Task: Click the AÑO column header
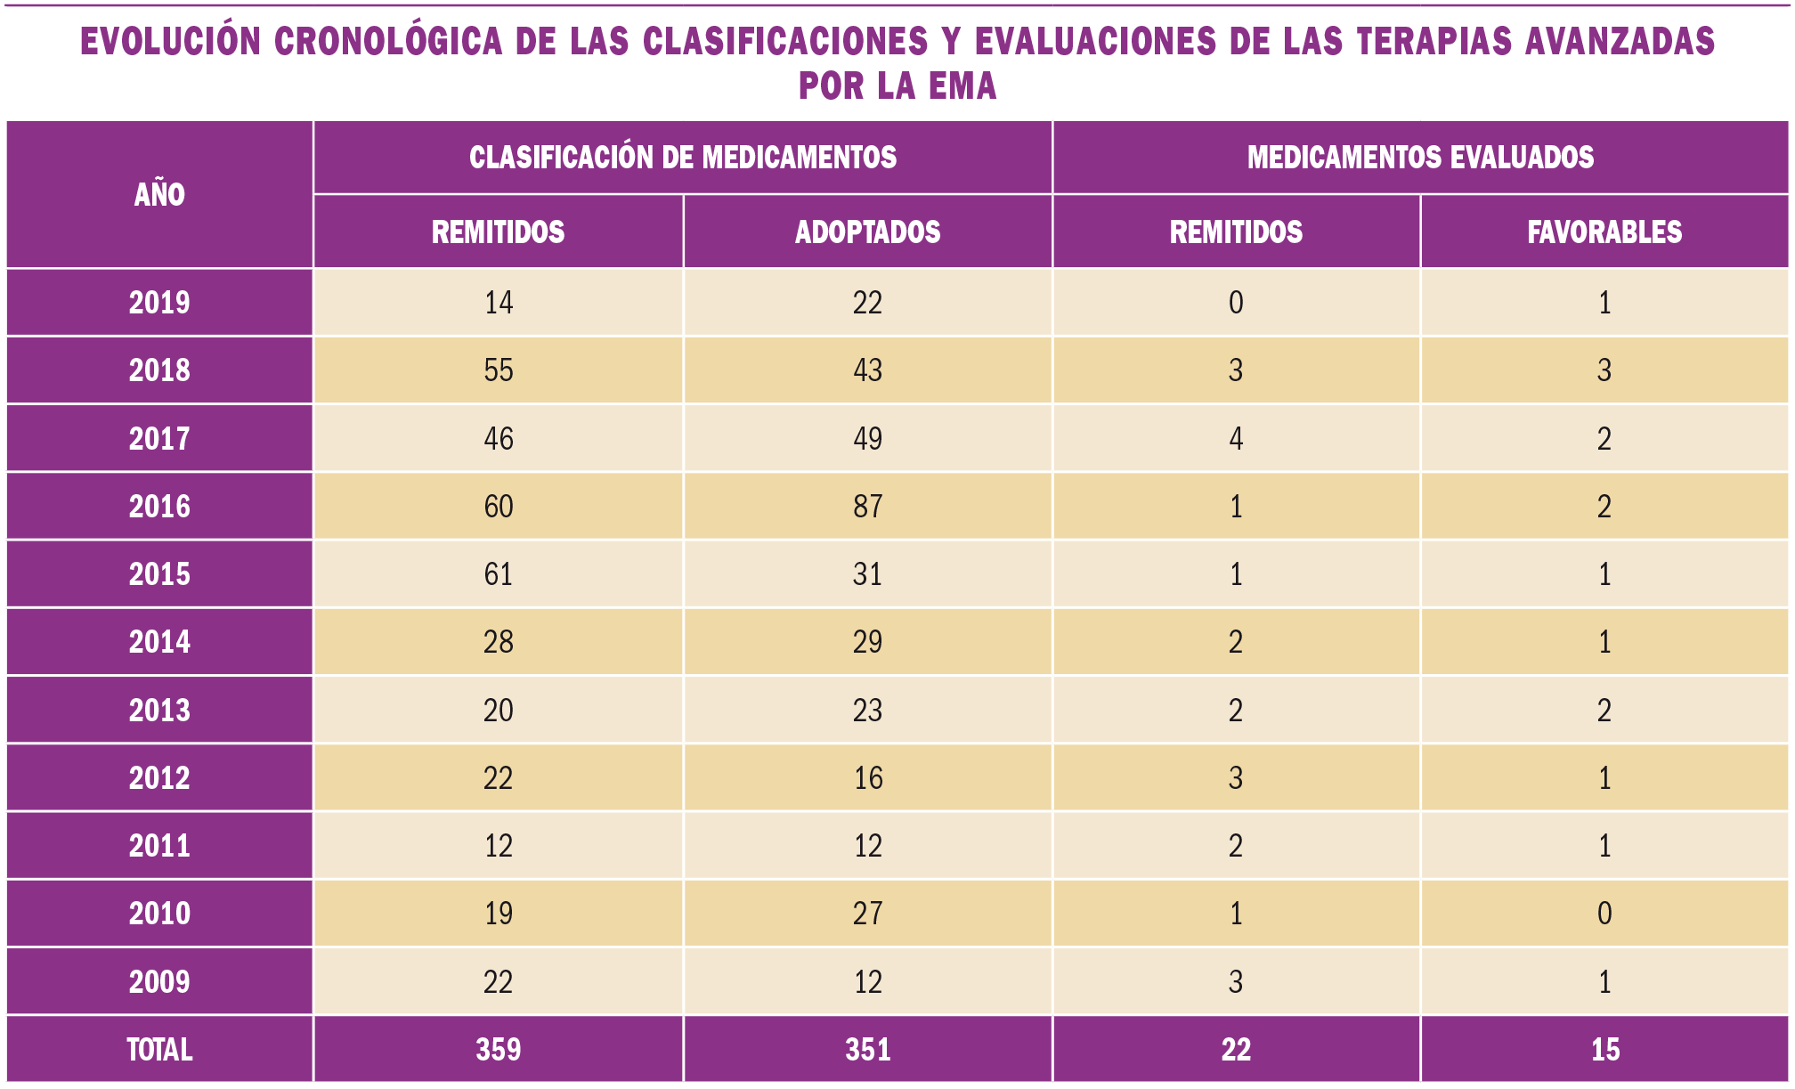click(159, 194)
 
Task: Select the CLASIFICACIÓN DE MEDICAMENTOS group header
click(682, 158)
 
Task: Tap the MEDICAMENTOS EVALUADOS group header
click(1420, 158)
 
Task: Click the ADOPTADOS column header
click(867, 232)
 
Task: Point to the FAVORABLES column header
click(1604, 232)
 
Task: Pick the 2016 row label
click(159, 507)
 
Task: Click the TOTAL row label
click(159, 1050)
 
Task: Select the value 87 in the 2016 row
click(867, 507)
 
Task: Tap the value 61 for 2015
click(499, 574)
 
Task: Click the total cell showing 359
click(499, 1050)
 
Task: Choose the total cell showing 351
click(867, 1050)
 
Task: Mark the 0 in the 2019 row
click(1236, 303)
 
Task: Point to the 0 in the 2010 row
click(1604, 914)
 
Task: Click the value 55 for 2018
click(499, 370)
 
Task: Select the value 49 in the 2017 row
click(867, 439)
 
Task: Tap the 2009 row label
click(159, 982)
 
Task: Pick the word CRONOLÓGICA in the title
click(388, 42)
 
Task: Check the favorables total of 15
click(1604, 1050)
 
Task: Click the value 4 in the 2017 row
click(1236, 439)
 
